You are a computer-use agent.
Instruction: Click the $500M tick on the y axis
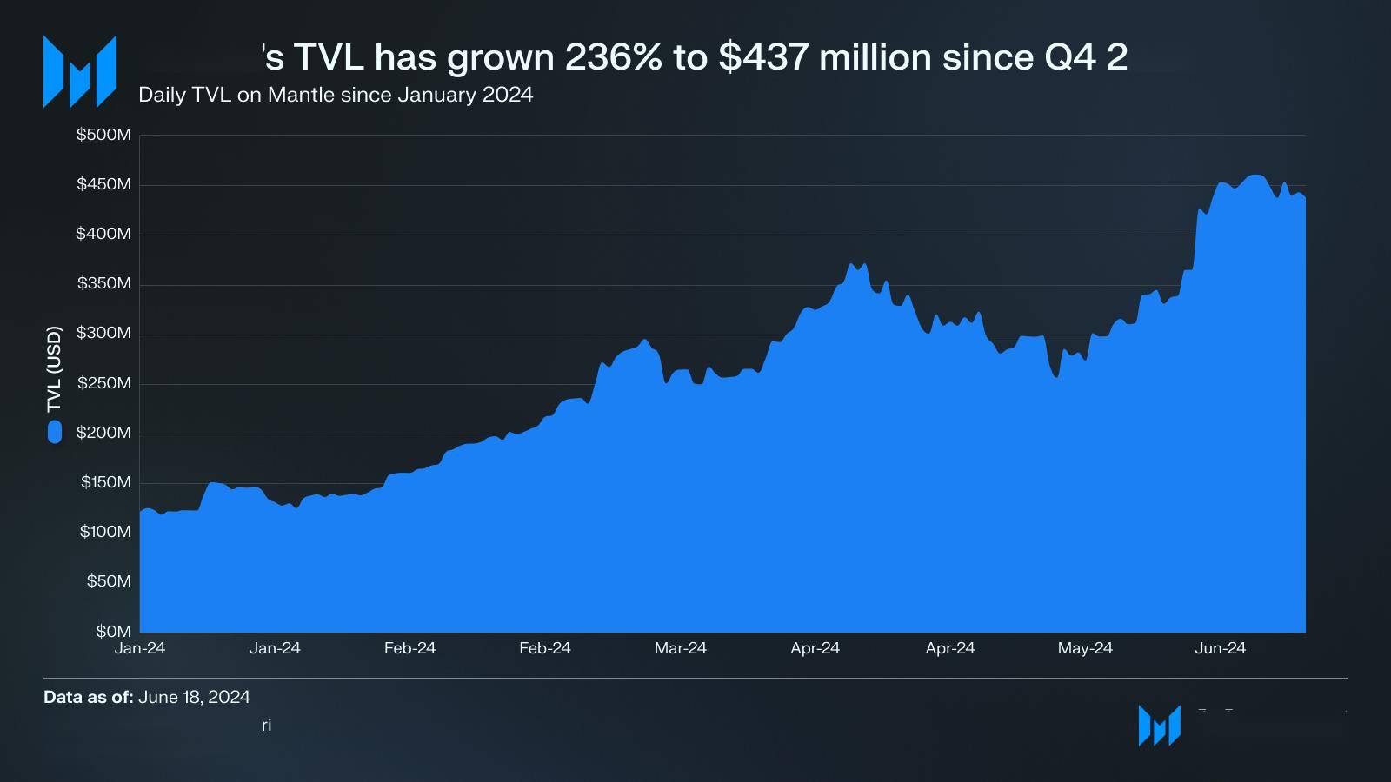[x=103, y=135]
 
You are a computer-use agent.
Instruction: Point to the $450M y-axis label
[x=103, y=184]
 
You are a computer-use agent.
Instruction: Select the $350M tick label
[x=103, y=283]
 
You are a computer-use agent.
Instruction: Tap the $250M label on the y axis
[x=103, y=383]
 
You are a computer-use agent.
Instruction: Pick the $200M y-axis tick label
[x=103, y=433]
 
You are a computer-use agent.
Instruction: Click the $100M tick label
[x=105, y=532]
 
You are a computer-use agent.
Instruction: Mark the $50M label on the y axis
[x=108, y=581]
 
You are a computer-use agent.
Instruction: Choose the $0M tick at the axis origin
[x=113, y=631]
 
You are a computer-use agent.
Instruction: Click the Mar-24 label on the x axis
[x=680, y=648]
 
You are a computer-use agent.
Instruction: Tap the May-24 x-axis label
[x=1085, y=648]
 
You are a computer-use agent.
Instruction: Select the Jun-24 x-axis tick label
[x=1220, y=648]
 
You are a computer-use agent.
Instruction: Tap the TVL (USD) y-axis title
[x=55, y=369]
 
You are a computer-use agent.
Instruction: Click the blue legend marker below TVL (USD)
[x=55, y=432]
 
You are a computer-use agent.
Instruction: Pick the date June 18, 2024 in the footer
[x=194, y=697]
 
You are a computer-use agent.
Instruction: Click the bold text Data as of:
[x=88, y=697]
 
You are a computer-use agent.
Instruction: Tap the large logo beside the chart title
[x=80, y=71]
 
